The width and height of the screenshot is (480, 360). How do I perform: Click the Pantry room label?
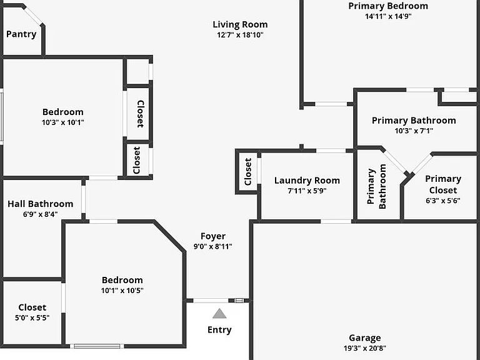(21, 34)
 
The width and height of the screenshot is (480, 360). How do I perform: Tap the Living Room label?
(240, 24)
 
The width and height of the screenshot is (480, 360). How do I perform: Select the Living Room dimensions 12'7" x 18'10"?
(240, 35)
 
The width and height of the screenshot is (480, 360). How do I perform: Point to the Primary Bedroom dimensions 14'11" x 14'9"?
(388, 16)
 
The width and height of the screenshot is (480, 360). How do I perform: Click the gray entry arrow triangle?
(219, 314)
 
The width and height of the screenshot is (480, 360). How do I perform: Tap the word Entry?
(219, 330)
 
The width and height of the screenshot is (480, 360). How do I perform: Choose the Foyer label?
(213, 236)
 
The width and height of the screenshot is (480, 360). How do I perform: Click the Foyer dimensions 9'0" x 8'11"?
(213, 246)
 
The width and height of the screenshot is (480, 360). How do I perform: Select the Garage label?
(365, 338)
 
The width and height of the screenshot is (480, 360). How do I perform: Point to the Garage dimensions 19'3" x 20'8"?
(365, 348)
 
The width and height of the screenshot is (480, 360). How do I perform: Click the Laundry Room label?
(307, 181)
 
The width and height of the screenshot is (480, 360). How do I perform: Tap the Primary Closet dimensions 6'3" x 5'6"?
(443, 201)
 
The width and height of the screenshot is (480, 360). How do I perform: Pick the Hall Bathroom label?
(41, 204)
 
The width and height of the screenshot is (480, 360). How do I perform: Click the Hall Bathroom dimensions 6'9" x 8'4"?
(41, 214)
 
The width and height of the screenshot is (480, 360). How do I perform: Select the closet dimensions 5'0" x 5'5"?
(32, 317)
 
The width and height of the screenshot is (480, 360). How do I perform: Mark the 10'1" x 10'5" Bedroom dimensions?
(122, 291)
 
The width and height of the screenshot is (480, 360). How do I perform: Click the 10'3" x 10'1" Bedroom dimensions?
(62, 122)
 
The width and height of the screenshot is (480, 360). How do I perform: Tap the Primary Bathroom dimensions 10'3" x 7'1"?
(414, 131)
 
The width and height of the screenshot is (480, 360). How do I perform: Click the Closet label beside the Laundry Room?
(248, 171)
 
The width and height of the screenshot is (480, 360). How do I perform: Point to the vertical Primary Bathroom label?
(376, 187)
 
